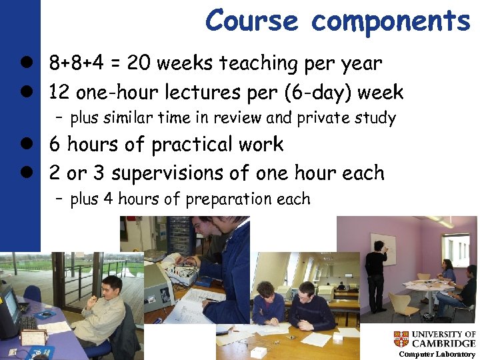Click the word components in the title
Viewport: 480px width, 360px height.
click(x=391, y=21)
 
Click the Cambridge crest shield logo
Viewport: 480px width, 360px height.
click(x=401, y=339)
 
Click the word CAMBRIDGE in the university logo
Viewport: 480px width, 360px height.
click(x=443, y=344)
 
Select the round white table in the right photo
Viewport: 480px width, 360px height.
click(x=427, y=287)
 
